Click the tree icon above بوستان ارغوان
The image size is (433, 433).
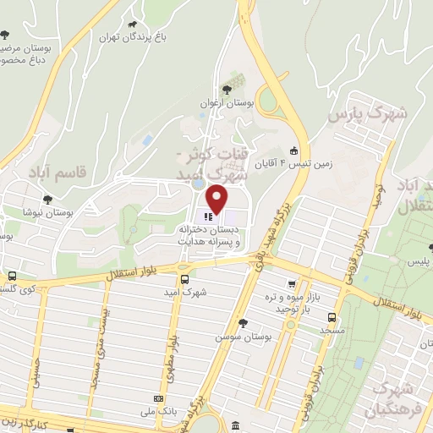click(225, 89)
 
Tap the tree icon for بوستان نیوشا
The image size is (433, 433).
click(41, 194)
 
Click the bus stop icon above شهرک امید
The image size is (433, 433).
click(184, 280)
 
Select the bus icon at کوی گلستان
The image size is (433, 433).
click(12, 276)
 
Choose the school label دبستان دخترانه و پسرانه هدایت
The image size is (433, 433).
click(209, 235)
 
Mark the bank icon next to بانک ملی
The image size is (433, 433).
click(157, 398)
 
